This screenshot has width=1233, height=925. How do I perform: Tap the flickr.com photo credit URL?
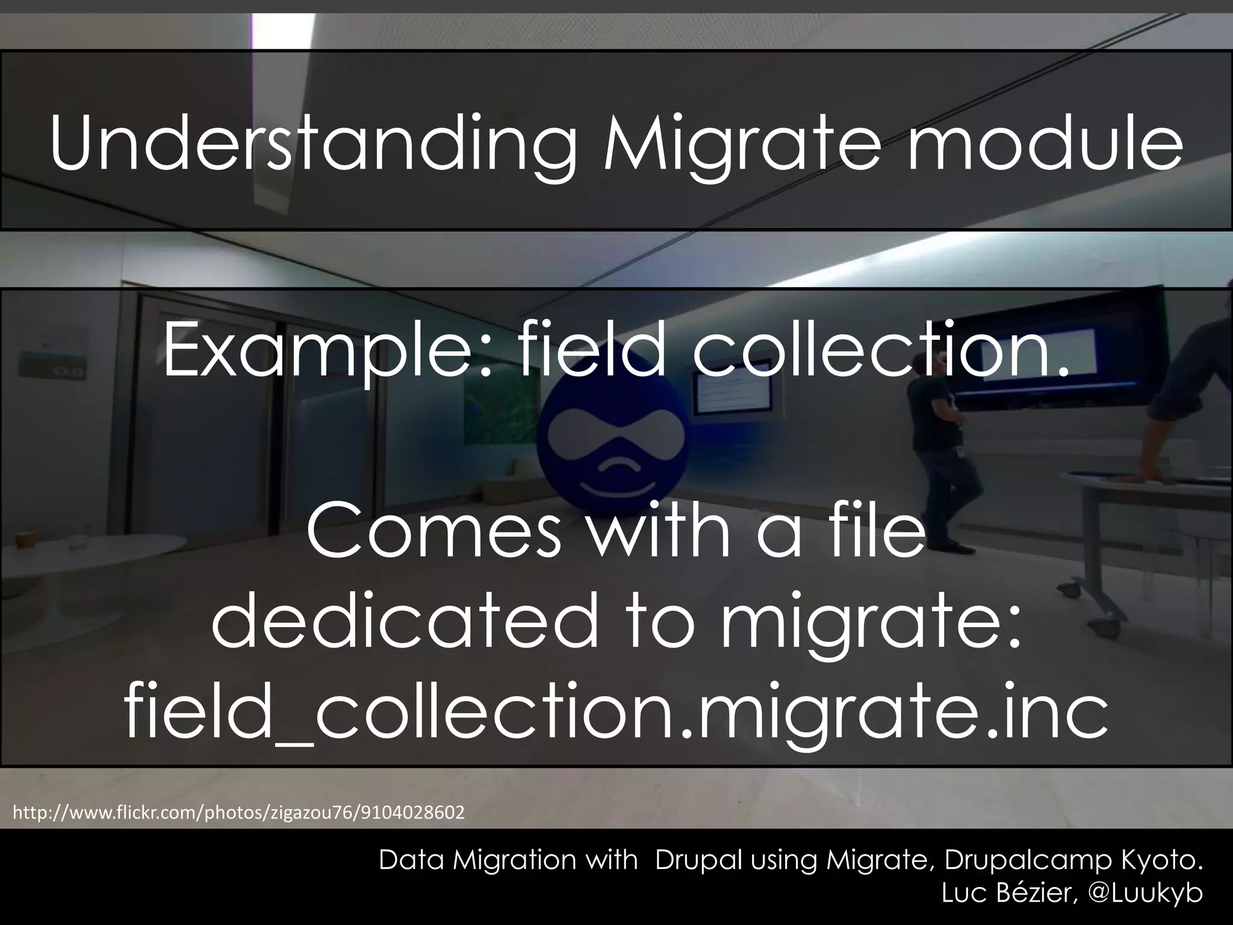click(x=238, y=813)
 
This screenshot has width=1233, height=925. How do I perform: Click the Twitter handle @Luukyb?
click(x=1146, y=893)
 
